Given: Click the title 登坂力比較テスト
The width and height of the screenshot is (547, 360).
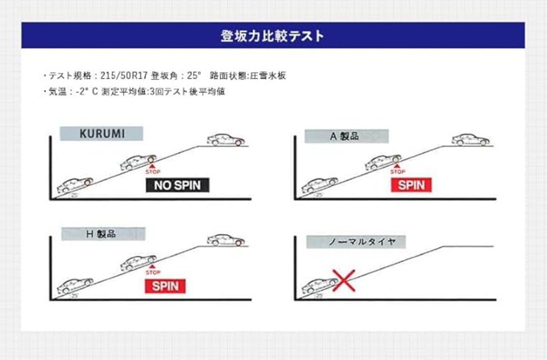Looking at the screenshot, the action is pos(273,35).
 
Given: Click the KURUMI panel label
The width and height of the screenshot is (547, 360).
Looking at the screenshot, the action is pos(102,134).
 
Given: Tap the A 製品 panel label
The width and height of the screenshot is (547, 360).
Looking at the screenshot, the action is pos(346,136).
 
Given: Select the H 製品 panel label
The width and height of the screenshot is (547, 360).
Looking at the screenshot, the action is pos(103,234).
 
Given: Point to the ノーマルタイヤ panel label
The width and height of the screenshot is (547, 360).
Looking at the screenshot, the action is pos(356,242).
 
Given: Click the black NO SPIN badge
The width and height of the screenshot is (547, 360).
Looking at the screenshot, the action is pos(177,185).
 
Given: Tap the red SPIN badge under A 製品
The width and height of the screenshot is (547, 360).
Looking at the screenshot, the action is pos(411,185).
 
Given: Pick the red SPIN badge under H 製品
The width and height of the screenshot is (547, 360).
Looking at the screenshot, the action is pos(165,286).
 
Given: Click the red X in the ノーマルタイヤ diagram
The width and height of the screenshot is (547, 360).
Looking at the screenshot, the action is pos(344,281).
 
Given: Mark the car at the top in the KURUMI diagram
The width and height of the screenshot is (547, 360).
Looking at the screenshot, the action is pos(226,140).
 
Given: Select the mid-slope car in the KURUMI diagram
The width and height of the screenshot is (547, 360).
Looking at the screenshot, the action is pos(138,162).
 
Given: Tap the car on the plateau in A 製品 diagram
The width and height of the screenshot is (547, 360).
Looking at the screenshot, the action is pos(471,140).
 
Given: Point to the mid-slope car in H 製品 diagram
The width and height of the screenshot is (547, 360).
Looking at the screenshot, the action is pos(138,263).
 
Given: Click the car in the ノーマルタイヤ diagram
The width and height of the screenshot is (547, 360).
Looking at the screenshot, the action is pos(319,285).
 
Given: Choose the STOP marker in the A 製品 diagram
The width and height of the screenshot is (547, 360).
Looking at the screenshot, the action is pos(397,168).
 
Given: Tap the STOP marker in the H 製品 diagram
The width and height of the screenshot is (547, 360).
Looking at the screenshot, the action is pos(153,269).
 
